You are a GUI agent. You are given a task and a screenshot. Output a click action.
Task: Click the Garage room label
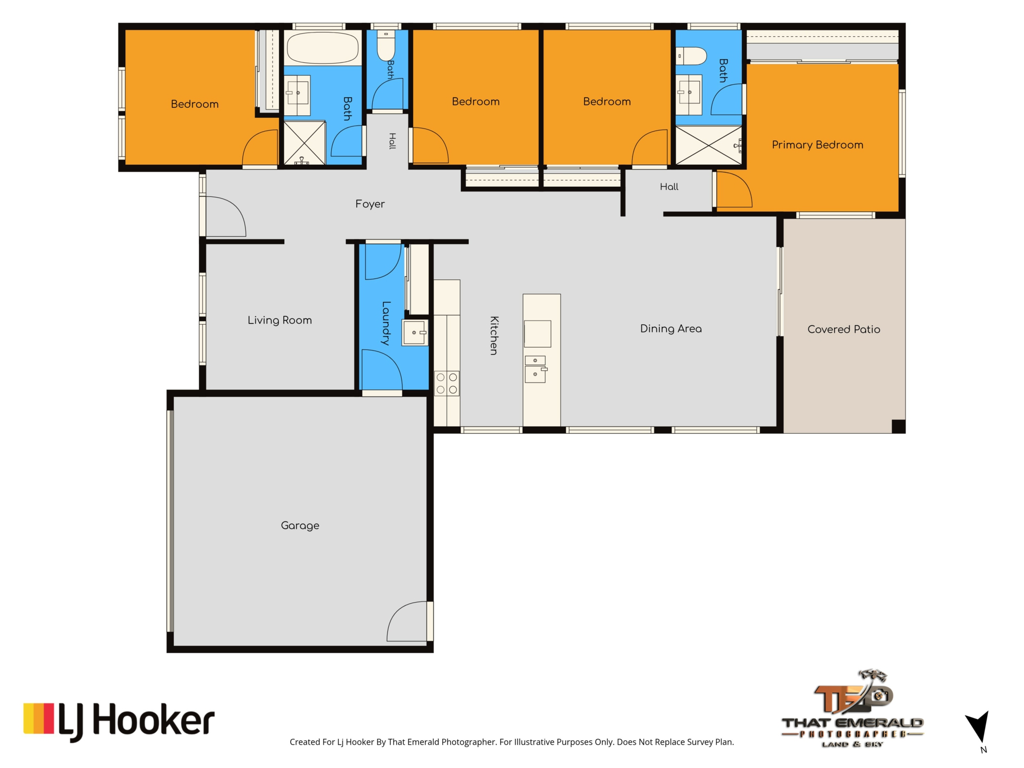coord(300,526)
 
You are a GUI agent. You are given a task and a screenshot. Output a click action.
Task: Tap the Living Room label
coord(279,320)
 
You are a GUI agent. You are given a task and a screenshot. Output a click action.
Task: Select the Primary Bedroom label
coord(817,145)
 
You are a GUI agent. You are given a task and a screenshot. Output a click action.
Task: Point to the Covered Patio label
coord(844,329)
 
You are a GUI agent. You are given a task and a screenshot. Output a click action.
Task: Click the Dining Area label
coord(671,329)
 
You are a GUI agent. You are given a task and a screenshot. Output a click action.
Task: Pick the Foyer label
coord(370,204)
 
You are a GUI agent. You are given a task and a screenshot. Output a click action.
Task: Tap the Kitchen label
coord(494,335)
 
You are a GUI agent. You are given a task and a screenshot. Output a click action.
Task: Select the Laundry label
coord(386,323)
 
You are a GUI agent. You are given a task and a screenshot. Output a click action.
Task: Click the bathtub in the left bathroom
coord(322,48)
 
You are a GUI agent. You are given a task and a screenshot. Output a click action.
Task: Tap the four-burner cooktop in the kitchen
coord(447,383)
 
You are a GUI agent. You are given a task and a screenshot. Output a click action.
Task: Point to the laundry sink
coord(415,333)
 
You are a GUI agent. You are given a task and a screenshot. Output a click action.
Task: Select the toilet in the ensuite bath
coord(691,56)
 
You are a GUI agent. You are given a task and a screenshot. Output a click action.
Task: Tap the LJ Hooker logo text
coord(136,722)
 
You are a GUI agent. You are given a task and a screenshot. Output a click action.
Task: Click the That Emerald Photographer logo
coord(852,709)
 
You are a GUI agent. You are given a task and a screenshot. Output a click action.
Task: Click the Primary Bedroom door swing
coord(734,189)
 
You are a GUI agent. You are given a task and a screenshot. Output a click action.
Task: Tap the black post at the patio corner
coord(899,426)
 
